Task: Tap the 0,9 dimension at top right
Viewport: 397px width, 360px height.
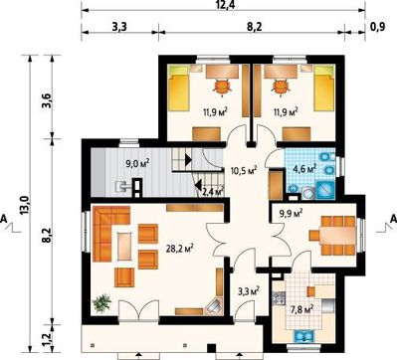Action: click(378, 27)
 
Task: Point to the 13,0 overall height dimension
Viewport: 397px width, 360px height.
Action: click(26, 205)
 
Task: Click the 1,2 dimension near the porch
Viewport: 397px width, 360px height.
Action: click(47, 338)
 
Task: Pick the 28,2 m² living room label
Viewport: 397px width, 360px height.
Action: click(180, 249)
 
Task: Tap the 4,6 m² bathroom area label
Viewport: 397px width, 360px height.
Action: click(304, 169)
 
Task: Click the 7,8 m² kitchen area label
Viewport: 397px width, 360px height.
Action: click(302, 310)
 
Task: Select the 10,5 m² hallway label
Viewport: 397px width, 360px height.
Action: click(244, 171)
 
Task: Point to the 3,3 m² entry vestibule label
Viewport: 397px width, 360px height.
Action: click(249, 291)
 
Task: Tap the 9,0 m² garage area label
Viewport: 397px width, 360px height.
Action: click(138, 163)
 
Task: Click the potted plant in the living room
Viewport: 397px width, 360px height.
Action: click(101, 303)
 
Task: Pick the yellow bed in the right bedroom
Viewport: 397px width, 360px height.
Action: click(323, 88)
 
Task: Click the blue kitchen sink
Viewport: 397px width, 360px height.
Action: click(304, 336)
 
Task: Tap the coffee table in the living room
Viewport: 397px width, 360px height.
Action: click(124, 247)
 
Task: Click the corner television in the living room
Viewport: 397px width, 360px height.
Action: click(214, 305)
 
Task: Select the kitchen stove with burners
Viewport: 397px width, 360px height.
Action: click(279, 298)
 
